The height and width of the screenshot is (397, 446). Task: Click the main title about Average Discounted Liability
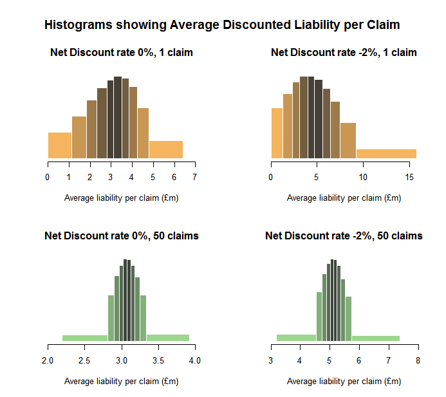pos(222,25)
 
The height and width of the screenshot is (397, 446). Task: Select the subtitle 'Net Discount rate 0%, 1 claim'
pos(122,53)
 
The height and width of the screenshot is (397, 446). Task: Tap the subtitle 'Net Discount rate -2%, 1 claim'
pos(344,53)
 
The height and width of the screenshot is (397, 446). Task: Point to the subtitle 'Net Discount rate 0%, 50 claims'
pos(122,236)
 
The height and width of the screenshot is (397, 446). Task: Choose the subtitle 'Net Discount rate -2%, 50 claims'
pos(344,236)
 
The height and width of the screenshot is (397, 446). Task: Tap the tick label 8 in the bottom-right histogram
pos(418,360)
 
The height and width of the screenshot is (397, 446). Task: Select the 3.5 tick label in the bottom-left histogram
pos(158,360)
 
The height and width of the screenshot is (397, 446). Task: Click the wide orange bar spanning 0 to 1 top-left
pos(60,145)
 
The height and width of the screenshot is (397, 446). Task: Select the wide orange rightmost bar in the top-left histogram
pos(166,149)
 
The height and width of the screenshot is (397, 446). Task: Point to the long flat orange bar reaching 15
pos(386,154)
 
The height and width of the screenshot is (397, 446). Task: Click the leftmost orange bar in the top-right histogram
pos(277,133)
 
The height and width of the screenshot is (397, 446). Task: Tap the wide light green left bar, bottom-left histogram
pos(85,338)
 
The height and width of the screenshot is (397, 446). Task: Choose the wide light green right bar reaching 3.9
pos(168,337)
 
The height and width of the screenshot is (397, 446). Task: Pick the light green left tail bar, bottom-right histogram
pos(297,337)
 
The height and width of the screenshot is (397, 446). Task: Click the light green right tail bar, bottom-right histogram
pos(376,338)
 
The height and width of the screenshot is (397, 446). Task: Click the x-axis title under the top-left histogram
pos(122,198)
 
